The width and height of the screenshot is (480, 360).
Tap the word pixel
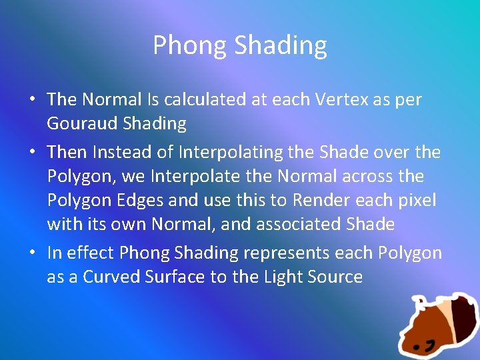413,201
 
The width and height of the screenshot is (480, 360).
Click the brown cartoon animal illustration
437,326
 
